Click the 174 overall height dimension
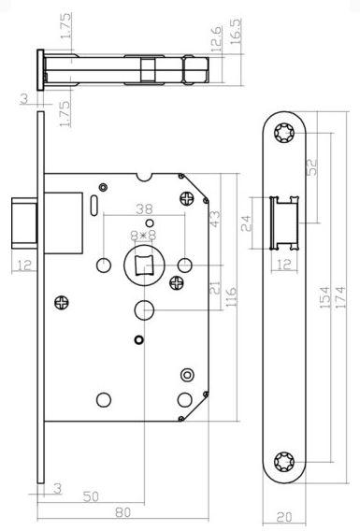[341, 297]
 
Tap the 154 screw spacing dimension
[325, 297]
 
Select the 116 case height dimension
[231, 297]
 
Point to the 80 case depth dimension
[122, 512]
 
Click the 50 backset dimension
[91, 496]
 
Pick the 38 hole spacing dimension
[144, 209]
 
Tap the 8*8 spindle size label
[144, 235]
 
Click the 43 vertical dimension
[215, 219]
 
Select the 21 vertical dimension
[215, 288]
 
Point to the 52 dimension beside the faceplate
[312, 166]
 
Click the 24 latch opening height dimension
[247, 223]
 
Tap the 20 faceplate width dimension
[284, 517]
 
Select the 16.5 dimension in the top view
[236, 31]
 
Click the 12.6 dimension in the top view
[217, 38]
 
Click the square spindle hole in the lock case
[144, 265]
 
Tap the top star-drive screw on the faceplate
[284, 133]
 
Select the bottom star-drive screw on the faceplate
[284, 461]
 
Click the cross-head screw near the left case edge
[62, 302]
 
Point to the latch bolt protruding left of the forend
[24, 223]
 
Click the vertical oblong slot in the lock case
[94, 206]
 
